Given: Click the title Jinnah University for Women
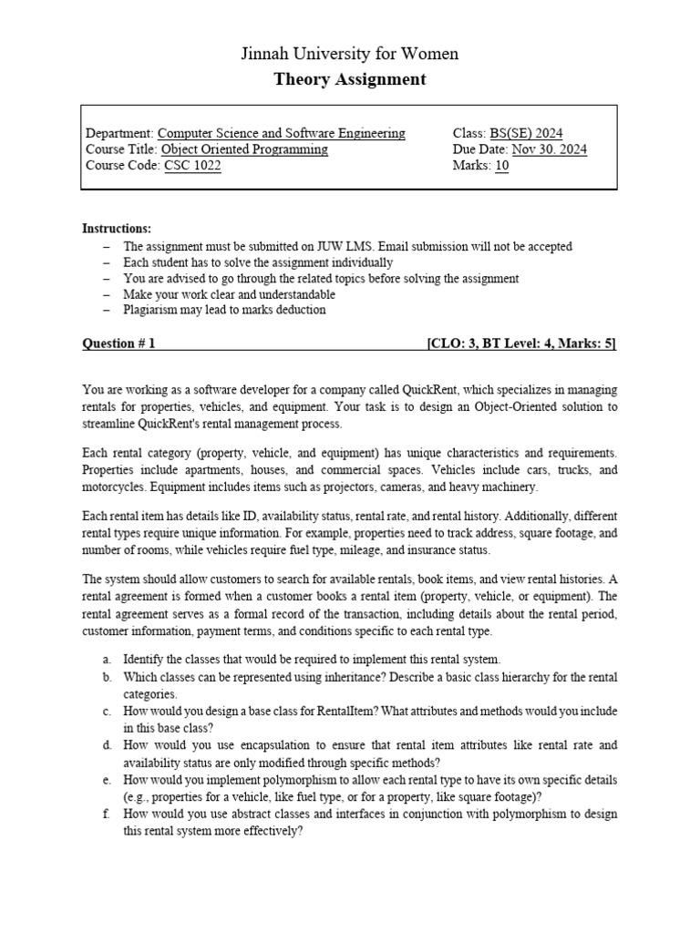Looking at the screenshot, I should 350,54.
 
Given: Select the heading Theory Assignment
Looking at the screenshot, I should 350,79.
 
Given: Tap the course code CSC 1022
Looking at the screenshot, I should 192,166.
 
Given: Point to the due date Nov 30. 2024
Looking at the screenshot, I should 550,149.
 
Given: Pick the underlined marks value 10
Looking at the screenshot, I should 502,166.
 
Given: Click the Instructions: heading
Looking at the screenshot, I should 117,228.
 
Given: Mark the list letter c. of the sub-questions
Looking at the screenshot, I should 107,710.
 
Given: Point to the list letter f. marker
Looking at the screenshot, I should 107,815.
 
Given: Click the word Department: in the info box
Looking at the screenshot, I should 119,133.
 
